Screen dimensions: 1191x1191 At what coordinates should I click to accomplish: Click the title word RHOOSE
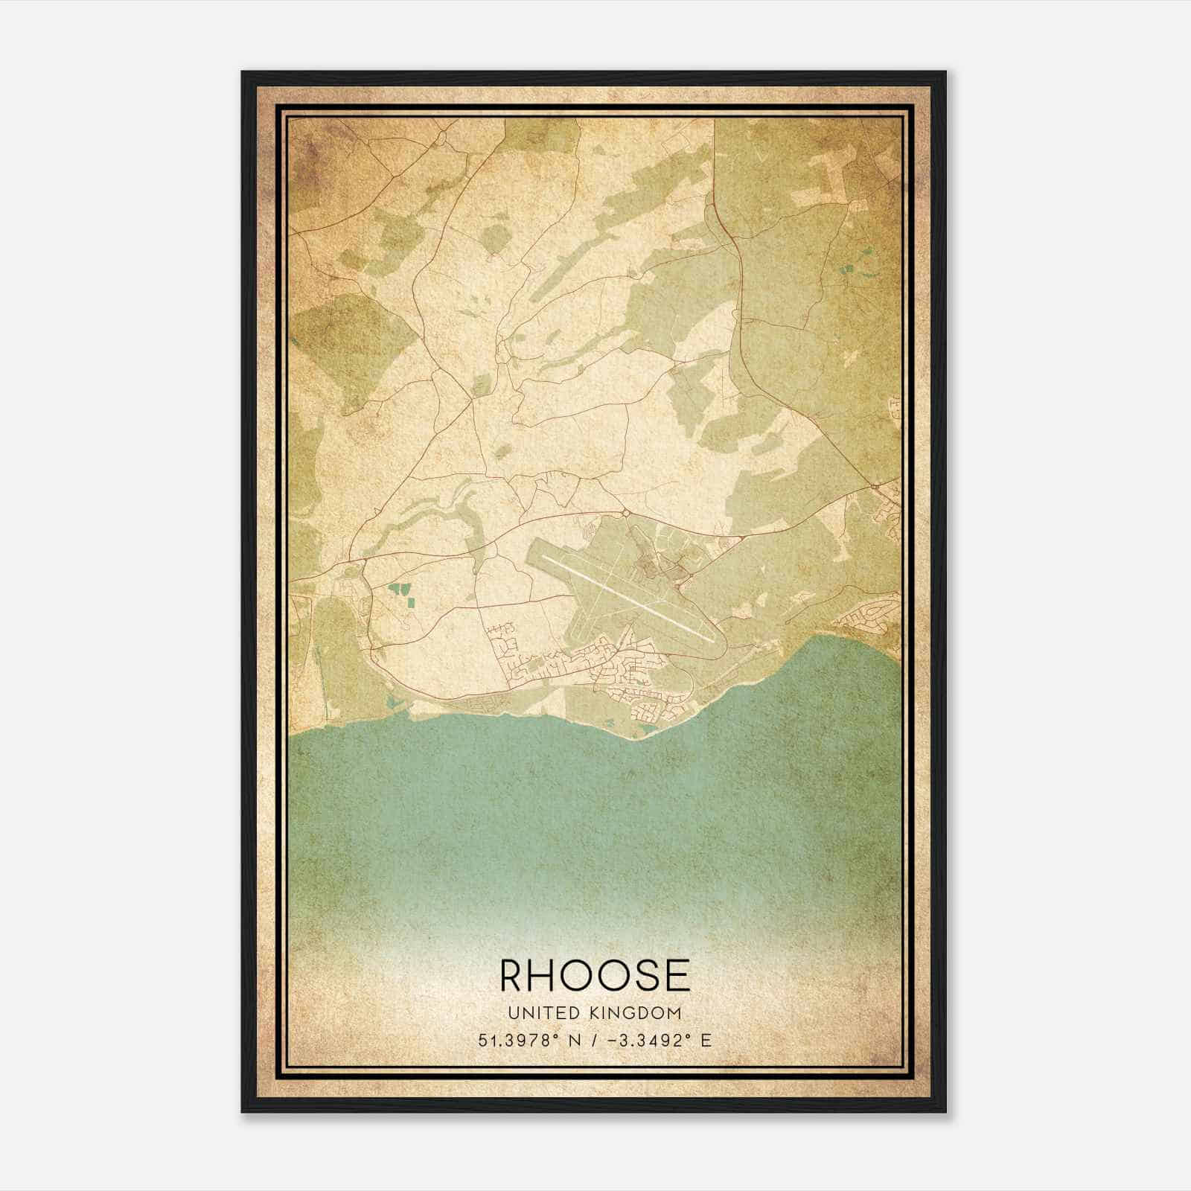(595, 975)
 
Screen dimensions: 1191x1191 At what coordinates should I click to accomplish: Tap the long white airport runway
(622, 592)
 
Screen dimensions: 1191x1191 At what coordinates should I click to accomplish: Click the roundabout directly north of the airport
(625, 513)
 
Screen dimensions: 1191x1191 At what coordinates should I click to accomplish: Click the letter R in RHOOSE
(515, 975)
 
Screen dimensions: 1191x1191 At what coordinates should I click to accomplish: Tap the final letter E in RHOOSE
(676, 975)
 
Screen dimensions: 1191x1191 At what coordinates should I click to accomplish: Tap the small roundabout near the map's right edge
(875, 487)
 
